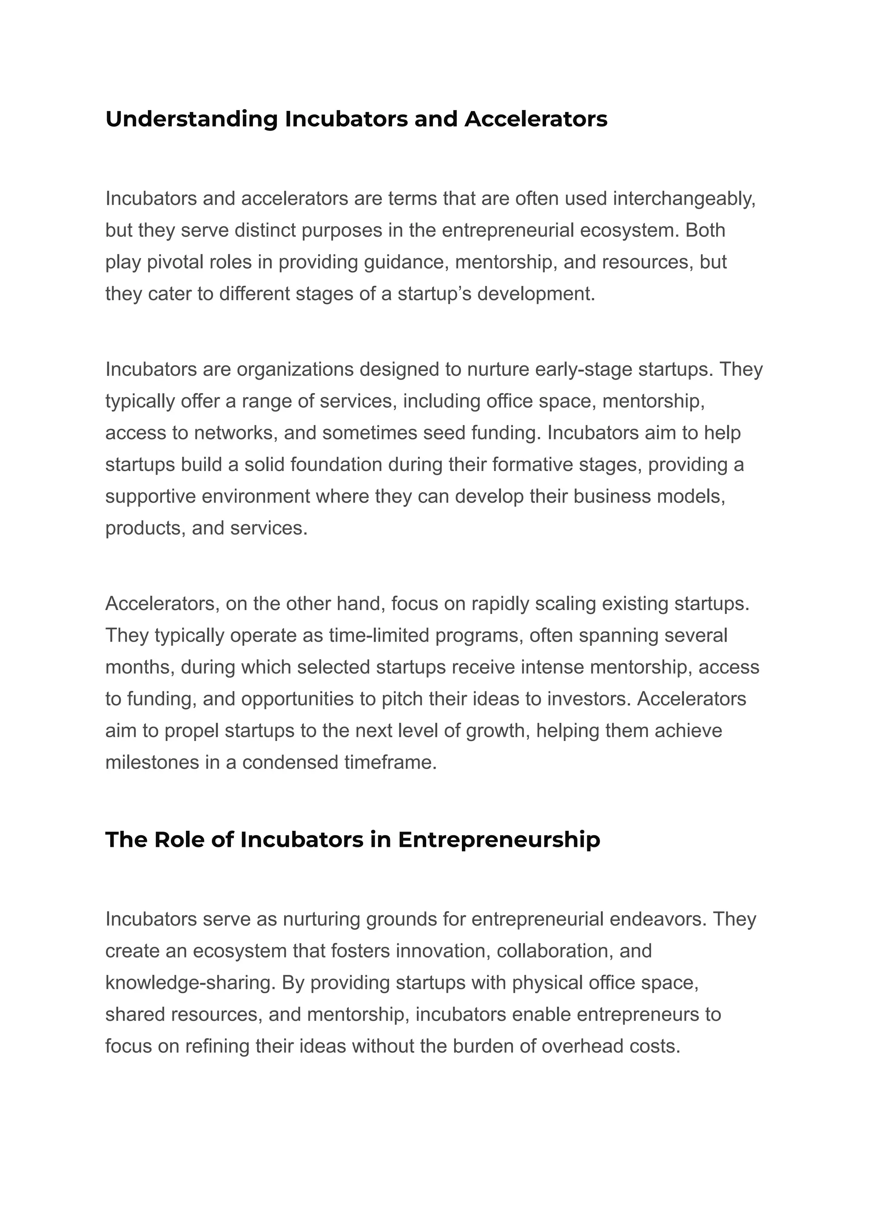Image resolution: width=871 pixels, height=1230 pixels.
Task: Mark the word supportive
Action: (x=150, y=497)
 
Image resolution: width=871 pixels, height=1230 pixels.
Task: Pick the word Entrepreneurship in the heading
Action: (x=499, y=840)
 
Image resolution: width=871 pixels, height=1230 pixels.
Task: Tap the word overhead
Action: (x=583, y=1046)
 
